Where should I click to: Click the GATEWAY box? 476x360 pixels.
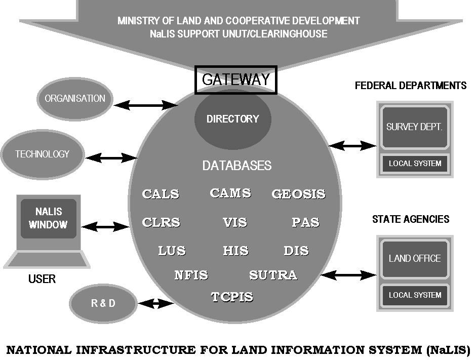(x=236, y=80)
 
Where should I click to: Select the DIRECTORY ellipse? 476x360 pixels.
(x=233, y=119)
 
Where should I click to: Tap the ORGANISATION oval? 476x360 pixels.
(x=75, y=99)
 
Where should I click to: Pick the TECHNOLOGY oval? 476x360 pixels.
(x=43, y=154)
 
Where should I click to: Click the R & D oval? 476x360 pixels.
(x=103, y=303)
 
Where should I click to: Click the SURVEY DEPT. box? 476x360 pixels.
(x=415, y=127)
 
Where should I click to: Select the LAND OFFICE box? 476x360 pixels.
(x=415, y=258)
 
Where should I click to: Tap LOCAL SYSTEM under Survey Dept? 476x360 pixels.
(x=415, y=164)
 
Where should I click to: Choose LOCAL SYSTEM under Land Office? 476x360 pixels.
(x=415, y=295)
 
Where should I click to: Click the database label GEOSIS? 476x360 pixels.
(x=298, y=194)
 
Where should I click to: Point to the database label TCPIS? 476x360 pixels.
(x=232, y=297)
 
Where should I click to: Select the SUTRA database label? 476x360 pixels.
(x=273, y=275)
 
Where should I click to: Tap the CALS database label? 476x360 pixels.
(x=161, y=194)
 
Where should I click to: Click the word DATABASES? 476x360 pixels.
(x=236, y=166)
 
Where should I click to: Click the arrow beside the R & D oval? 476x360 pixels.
(x=156, y=304)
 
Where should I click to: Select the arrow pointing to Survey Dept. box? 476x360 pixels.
(x=353, y=146)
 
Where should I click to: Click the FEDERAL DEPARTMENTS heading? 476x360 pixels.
(x=411, y=86)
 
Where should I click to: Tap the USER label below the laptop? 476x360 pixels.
(x=42, y=279)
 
